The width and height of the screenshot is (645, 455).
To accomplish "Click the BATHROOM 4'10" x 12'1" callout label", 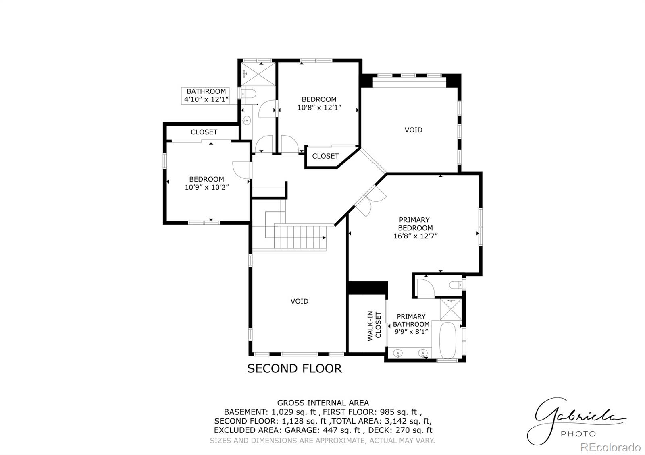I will [x=206, y=95].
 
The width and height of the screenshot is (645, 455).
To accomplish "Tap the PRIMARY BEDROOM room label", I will [x=415, y=224].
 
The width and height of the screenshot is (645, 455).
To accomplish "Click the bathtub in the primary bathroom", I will [x=447, y=341].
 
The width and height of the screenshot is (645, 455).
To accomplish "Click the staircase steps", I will [x=300, y=238].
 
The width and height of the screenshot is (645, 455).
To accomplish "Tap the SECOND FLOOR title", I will [x=294, y=368].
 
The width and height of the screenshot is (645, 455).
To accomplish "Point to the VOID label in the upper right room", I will [x=414, y=130].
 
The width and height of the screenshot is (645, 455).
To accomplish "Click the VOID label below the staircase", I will [x=300, y=301].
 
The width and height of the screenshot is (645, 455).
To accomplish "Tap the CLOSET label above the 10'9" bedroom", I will [x=204, y=132].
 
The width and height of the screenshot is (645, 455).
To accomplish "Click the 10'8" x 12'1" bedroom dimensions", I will [x=319, y=108].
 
